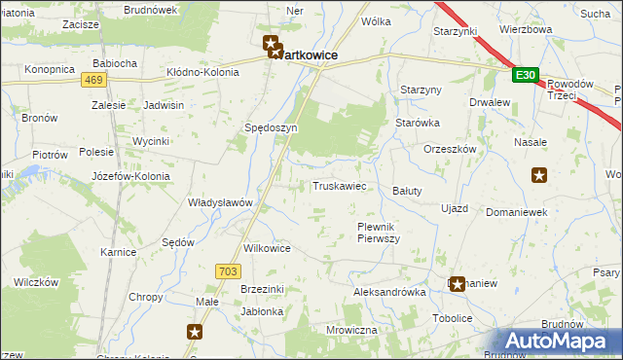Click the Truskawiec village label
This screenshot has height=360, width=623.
tap(339, 186)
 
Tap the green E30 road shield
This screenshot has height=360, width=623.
tap(525, 75)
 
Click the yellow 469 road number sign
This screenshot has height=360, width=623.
tap(93, 80)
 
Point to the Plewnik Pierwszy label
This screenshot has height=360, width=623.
tap(373, 233)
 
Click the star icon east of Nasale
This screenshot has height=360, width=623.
tap(539, 175)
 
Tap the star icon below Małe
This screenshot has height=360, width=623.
tap(195, 332)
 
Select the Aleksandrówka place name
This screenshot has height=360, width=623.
tap(389, 292)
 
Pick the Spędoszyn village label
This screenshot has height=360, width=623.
tap(271, 127)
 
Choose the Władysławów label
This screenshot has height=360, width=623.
tap(220, 202)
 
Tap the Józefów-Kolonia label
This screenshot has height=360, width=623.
tap(130, 177)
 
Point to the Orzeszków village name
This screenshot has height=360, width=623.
tap(449, 149)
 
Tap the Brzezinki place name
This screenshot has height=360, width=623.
tap(261, 289)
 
